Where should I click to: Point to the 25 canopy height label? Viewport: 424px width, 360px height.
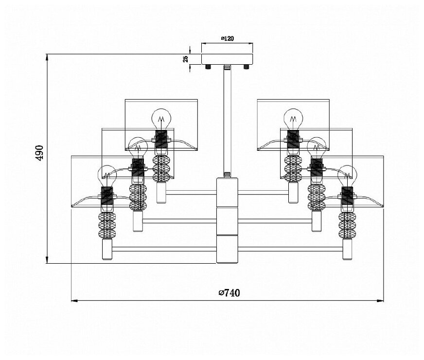coord(185,59)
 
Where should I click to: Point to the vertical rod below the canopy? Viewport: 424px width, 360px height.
coord(227,122)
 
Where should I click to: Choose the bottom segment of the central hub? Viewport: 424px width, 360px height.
coord(227,249)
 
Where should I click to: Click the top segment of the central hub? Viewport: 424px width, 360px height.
coord(227,192)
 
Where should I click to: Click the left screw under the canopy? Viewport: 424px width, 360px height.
coord(208,67)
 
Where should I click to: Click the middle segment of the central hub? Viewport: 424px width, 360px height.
coord(227,220)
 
